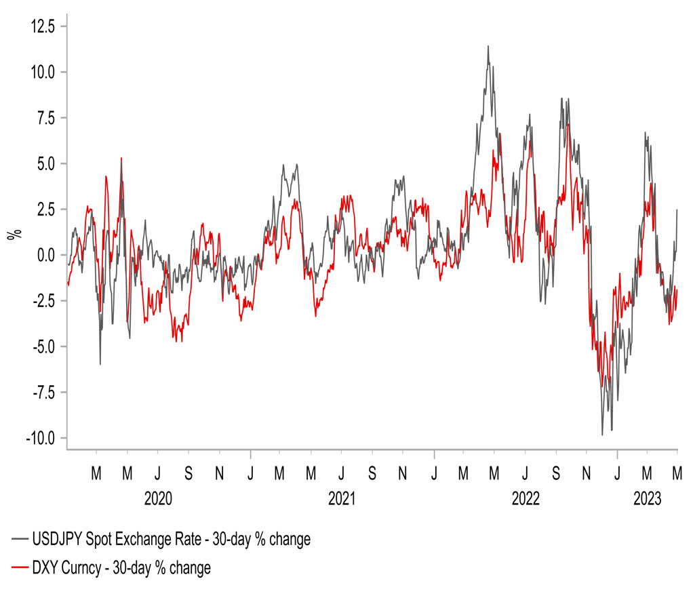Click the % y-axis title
coord(13,235)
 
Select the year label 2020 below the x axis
coord(157,500)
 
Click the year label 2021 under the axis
coord(341,500)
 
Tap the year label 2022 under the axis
coord(525,500)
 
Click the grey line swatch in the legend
coord(19,540)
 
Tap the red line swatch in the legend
coord(19,567)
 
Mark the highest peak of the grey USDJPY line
coord(488,46)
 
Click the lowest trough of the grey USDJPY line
coord(602,435)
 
